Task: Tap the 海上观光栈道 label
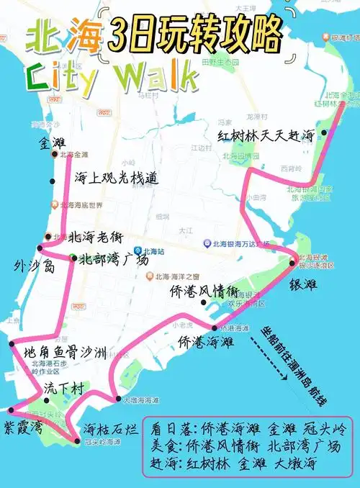(x=115, y=178)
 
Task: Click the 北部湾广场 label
(x=114, y=260)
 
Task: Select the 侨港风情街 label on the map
(x=203, y=292)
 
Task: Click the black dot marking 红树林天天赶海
(x=325, y=132)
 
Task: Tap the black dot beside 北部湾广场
(x=73, y=258)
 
